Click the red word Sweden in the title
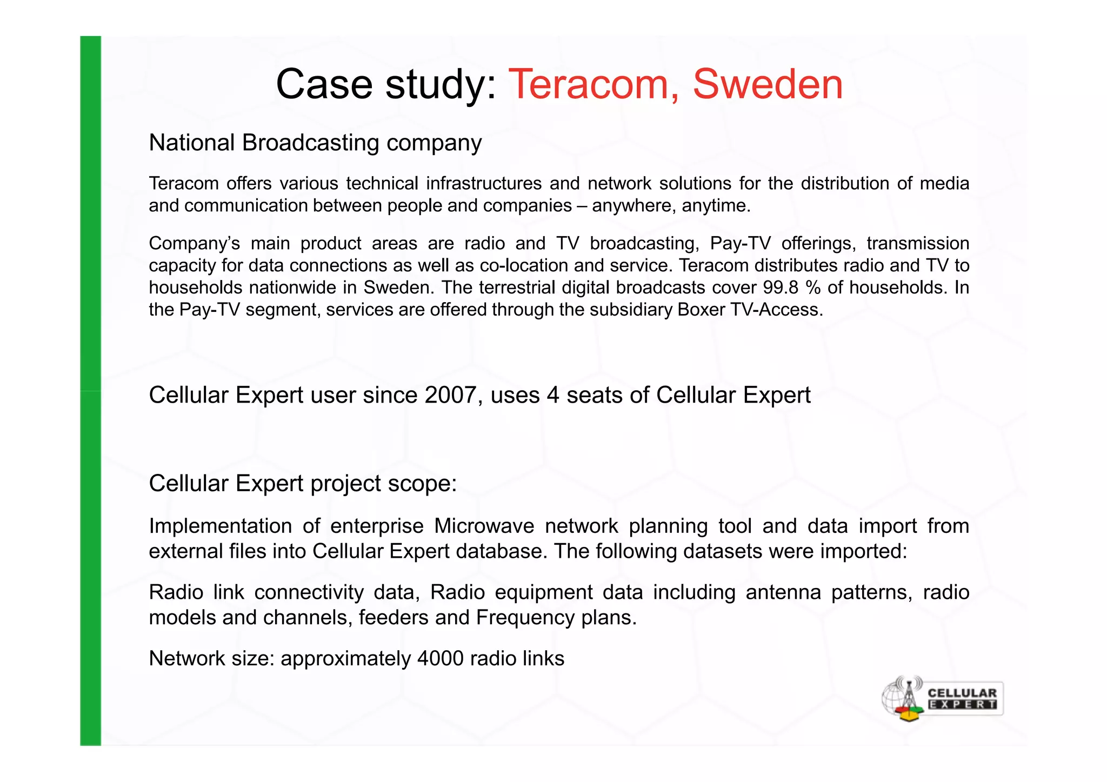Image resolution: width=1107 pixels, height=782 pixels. pos(767,84)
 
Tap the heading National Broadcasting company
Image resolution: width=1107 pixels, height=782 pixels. pos(315,143)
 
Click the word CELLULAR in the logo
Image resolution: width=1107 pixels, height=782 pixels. pos(962,693)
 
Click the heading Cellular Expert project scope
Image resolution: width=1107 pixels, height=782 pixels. pos(303,483)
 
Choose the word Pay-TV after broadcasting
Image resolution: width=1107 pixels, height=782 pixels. pos(741,243)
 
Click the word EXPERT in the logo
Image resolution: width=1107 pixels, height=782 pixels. pos(962,705)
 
